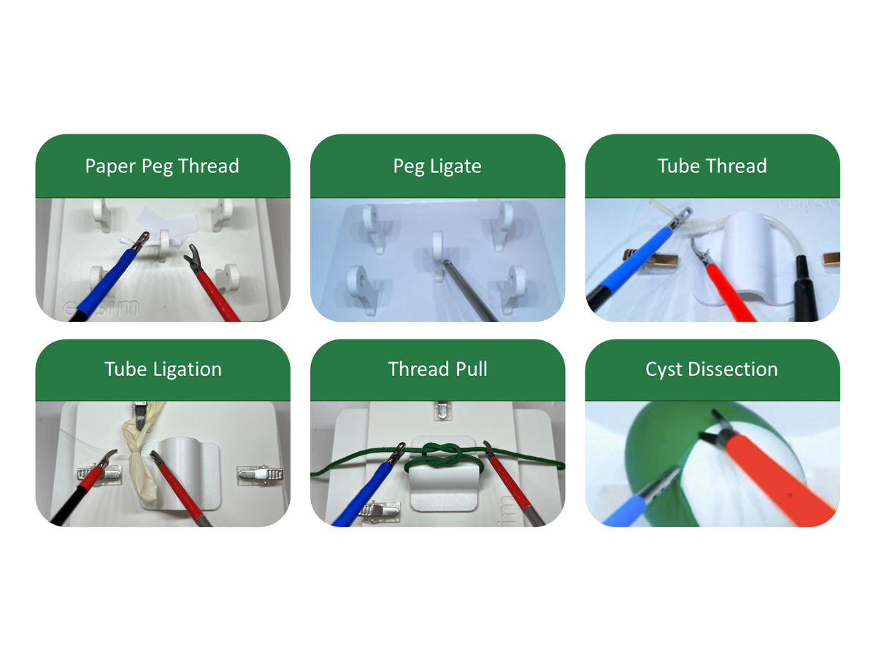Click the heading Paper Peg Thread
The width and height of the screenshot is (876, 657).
coord(162,166)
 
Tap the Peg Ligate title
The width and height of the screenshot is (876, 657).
coord(437,166)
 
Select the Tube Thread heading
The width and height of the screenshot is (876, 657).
coord(712,166)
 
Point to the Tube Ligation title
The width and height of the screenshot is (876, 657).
coord(163,369)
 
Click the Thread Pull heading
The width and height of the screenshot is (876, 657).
coord(437,369)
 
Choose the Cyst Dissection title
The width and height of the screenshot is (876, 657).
coord(712,369)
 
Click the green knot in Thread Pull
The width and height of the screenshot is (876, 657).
coord(444,458)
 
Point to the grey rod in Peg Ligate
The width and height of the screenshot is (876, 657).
coord(470,291)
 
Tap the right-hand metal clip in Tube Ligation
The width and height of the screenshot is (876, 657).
coord(260,474)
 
